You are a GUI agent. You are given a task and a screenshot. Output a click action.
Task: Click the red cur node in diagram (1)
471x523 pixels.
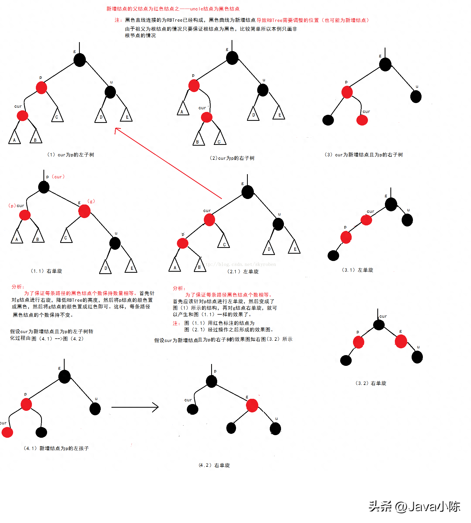[23, 116]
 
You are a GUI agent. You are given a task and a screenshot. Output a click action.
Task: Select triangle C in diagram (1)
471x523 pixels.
[57, 115]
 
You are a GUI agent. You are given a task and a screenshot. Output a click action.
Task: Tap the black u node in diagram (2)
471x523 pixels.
[263, 90]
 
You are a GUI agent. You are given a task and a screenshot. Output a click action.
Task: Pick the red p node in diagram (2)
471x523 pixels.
[194, 86]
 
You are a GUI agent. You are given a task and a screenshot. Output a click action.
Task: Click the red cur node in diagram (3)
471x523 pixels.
[362, 120]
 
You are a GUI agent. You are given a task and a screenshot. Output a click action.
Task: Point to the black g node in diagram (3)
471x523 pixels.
[385, 65]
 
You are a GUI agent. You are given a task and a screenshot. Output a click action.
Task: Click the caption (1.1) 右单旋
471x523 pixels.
[46, 271]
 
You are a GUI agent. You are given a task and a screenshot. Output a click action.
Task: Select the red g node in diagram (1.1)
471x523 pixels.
[84, 211]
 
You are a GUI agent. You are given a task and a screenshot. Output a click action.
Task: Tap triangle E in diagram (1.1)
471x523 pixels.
[131, 266]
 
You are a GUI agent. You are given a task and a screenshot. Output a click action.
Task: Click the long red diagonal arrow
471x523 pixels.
[168, 163]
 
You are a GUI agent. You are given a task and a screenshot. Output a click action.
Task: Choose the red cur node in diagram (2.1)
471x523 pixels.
[209, 220]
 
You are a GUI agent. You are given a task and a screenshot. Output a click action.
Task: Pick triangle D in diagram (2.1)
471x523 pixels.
[269, 248]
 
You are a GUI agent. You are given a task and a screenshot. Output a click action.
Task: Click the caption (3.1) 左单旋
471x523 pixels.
[357, 270]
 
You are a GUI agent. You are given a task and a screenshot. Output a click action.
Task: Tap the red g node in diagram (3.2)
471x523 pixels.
[401, 342]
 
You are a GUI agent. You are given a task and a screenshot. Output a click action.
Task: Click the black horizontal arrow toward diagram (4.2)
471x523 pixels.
[135, 407]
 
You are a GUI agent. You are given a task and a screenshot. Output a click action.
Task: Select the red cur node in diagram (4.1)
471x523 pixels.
[7, 432]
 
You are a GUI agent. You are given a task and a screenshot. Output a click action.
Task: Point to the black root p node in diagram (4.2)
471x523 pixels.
[211, 382]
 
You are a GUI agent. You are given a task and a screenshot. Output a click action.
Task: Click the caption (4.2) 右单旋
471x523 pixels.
[214, 465]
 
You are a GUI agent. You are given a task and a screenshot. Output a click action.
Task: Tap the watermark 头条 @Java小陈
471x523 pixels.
[414, 507]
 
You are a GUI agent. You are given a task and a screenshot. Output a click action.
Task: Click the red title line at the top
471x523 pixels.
[173, 9]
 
